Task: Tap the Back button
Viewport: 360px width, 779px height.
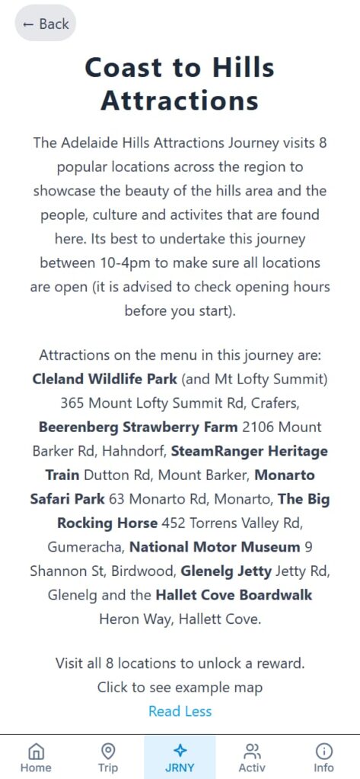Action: pyautogui.click(x=46, y=24)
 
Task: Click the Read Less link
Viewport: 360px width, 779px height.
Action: pyautogui.click(x=180, y=711)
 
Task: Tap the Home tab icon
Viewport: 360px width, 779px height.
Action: pyautogui.click(x=36, y=750)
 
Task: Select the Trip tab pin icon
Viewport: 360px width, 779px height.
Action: pyautogui.click(x=108, y=750)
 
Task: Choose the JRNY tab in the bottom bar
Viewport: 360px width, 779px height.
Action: pyautogui.click(x=180, y=757)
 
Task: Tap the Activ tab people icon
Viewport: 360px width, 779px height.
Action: pyautogui.click(x=252, y=750)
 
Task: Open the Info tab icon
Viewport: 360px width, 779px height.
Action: pyautogui.click(x=323, y=750)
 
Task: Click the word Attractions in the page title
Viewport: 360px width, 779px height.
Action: pyautogui.click(x=180, y=100)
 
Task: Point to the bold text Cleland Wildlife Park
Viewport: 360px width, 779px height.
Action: pyautogui.click(x=104, y=379)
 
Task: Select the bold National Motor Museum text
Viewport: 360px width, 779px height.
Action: pyautogui.click(x=215, y=547)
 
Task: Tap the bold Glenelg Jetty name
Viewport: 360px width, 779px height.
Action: pyautogui.click(x=226, y=571)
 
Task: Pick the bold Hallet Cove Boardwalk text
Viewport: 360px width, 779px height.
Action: pyautogui.click(x=234, y=595)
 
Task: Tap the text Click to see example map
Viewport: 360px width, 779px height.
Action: pyautogui.click(x=180, y=688)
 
